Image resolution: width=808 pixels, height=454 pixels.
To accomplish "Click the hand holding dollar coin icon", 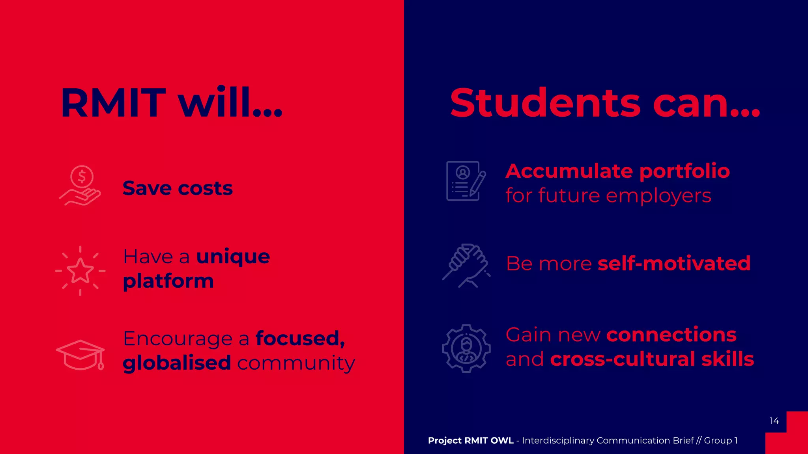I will tap(80, 186).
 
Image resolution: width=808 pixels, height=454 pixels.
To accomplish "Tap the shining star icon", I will tap(80, 271).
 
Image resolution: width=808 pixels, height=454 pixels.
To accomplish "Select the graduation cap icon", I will tap(80, 355).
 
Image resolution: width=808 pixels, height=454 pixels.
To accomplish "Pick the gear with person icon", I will tap(466, 348).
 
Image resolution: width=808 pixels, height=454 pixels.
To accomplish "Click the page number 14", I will tap(774, 421).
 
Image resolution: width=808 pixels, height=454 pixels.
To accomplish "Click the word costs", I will tap(205, 188).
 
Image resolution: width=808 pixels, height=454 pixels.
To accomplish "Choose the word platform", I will tap(168, 281).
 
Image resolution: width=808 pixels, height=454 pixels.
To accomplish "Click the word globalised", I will tap(176, 363).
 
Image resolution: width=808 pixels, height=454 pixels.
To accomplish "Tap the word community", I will tap(296, 363).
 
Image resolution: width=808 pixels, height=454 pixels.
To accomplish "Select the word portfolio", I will tap(684, 172).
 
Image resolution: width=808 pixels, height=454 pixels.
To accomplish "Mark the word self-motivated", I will tap(674, 263).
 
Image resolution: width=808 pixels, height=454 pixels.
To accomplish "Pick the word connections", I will tap(671, 335).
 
